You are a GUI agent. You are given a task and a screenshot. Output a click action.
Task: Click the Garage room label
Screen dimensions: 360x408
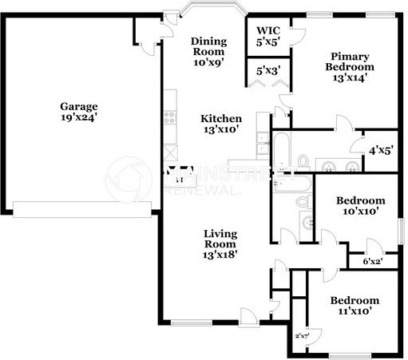[x=78, y=105]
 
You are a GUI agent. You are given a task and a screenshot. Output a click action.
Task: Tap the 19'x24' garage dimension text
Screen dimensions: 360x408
[x=78, y=118]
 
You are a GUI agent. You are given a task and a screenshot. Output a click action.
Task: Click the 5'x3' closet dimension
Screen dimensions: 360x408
[x=267, y=70]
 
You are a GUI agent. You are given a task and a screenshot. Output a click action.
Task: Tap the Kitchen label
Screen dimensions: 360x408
[x=220, y=117]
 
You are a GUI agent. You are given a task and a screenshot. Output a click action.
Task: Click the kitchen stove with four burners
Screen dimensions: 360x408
[x=169, y=117]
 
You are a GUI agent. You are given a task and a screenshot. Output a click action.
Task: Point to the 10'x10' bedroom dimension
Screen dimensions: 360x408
[x=360, y=212]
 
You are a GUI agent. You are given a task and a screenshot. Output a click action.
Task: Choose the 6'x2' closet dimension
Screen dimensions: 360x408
[x=372, y=261]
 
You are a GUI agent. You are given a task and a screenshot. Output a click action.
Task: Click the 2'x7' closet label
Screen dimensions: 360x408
[x=302, y=335]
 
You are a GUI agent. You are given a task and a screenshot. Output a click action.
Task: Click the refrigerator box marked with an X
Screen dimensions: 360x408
[x=169, y=151]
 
